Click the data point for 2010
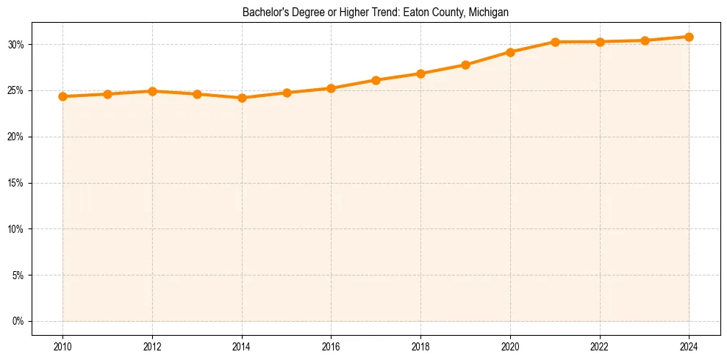[x=62, y=96]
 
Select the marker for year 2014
[x=242, y=98]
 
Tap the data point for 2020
[x=510, y=52]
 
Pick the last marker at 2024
[x=689, y=37]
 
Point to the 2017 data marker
[x=376, y=80]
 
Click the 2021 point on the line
[x=555, y=42]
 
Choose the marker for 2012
[x=152, y=91]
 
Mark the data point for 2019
[x=465, y=65]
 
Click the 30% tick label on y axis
[x=17, y=45]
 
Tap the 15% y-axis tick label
[x=17, y=183]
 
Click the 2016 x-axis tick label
[x=331, y=347]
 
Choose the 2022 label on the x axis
[x=600, y=347]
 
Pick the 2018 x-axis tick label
[x=420, y=347]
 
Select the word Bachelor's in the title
[x=263, y=12]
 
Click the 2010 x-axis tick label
[x=62, y=347]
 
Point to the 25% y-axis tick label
[x=17, y=91]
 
